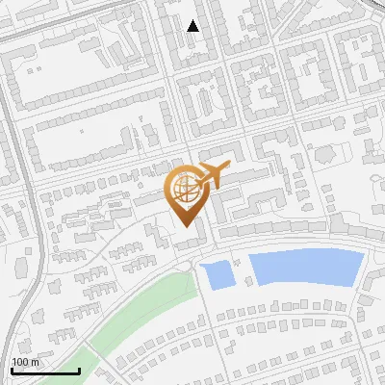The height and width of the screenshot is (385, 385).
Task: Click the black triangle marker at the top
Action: click(x=193, y=26)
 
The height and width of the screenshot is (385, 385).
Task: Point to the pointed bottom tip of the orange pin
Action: click(x=187, y=228)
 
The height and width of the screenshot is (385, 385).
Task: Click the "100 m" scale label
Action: click(x=26, y=362)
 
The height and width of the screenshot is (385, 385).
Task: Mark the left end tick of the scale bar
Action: click(x=12, y=370)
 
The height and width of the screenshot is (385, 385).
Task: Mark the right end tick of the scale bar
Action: click(x=79, y=370)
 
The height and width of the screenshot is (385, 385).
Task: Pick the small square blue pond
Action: click(x=219, y=274)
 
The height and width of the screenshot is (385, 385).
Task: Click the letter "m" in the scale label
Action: click(x=36, y=362)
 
